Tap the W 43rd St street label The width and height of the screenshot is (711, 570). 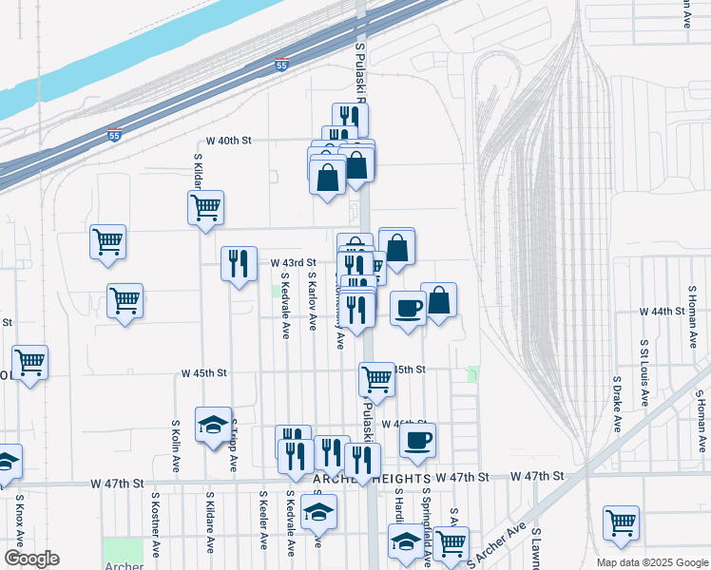[293, 262]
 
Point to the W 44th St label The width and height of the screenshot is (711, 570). [663, 312]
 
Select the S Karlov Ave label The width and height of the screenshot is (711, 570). [312, 300]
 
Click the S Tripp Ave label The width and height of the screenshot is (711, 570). [234, 446]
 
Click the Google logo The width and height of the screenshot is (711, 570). [31, 559]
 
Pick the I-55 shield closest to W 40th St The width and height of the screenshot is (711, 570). [114, 135]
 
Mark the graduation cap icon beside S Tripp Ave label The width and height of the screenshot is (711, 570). [214, 424]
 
